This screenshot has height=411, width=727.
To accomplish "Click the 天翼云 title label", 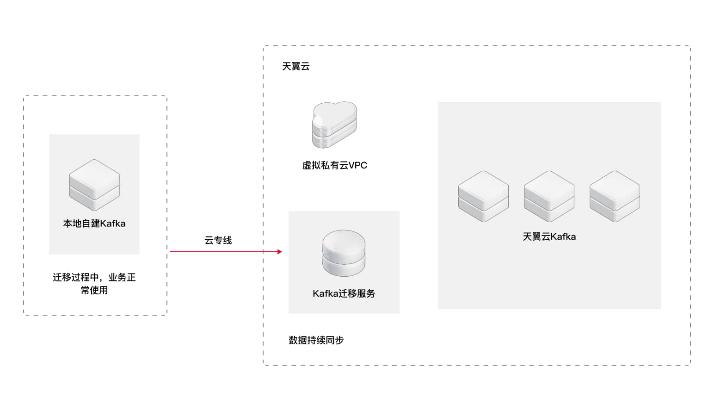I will pos(296,66).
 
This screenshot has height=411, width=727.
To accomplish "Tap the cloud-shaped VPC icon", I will pos(334,125).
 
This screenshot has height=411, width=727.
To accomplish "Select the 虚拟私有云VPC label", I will pos(334,165).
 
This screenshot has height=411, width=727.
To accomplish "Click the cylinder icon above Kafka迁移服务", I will pos(344,253).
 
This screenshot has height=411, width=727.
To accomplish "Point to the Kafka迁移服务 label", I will pos(344,293).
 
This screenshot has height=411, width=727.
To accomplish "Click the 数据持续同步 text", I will pos(316,340).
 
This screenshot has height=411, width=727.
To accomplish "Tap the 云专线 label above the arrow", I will pos(218,240).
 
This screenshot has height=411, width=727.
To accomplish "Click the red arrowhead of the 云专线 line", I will pos(279,252).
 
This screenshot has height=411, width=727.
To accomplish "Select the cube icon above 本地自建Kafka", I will pos(94,185).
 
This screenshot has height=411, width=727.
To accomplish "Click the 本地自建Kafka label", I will pos(94,224).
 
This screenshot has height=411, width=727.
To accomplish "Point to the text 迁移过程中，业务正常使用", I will pos(94,283).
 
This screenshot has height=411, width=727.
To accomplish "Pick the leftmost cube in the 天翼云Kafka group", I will pos(483,196).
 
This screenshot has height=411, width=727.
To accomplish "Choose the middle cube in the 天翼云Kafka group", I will pos(549,196).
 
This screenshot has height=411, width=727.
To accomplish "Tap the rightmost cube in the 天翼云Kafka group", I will pos(615,196).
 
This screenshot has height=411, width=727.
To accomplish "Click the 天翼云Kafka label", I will pos(549,237).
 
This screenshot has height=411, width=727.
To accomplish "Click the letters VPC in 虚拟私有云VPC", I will pos(358,165).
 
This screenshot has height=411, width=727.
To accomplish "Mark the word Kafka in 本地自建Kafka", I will pos(113,224).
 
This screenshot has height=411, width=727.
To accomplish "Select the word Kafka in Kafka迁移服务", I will pos(325,293).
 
